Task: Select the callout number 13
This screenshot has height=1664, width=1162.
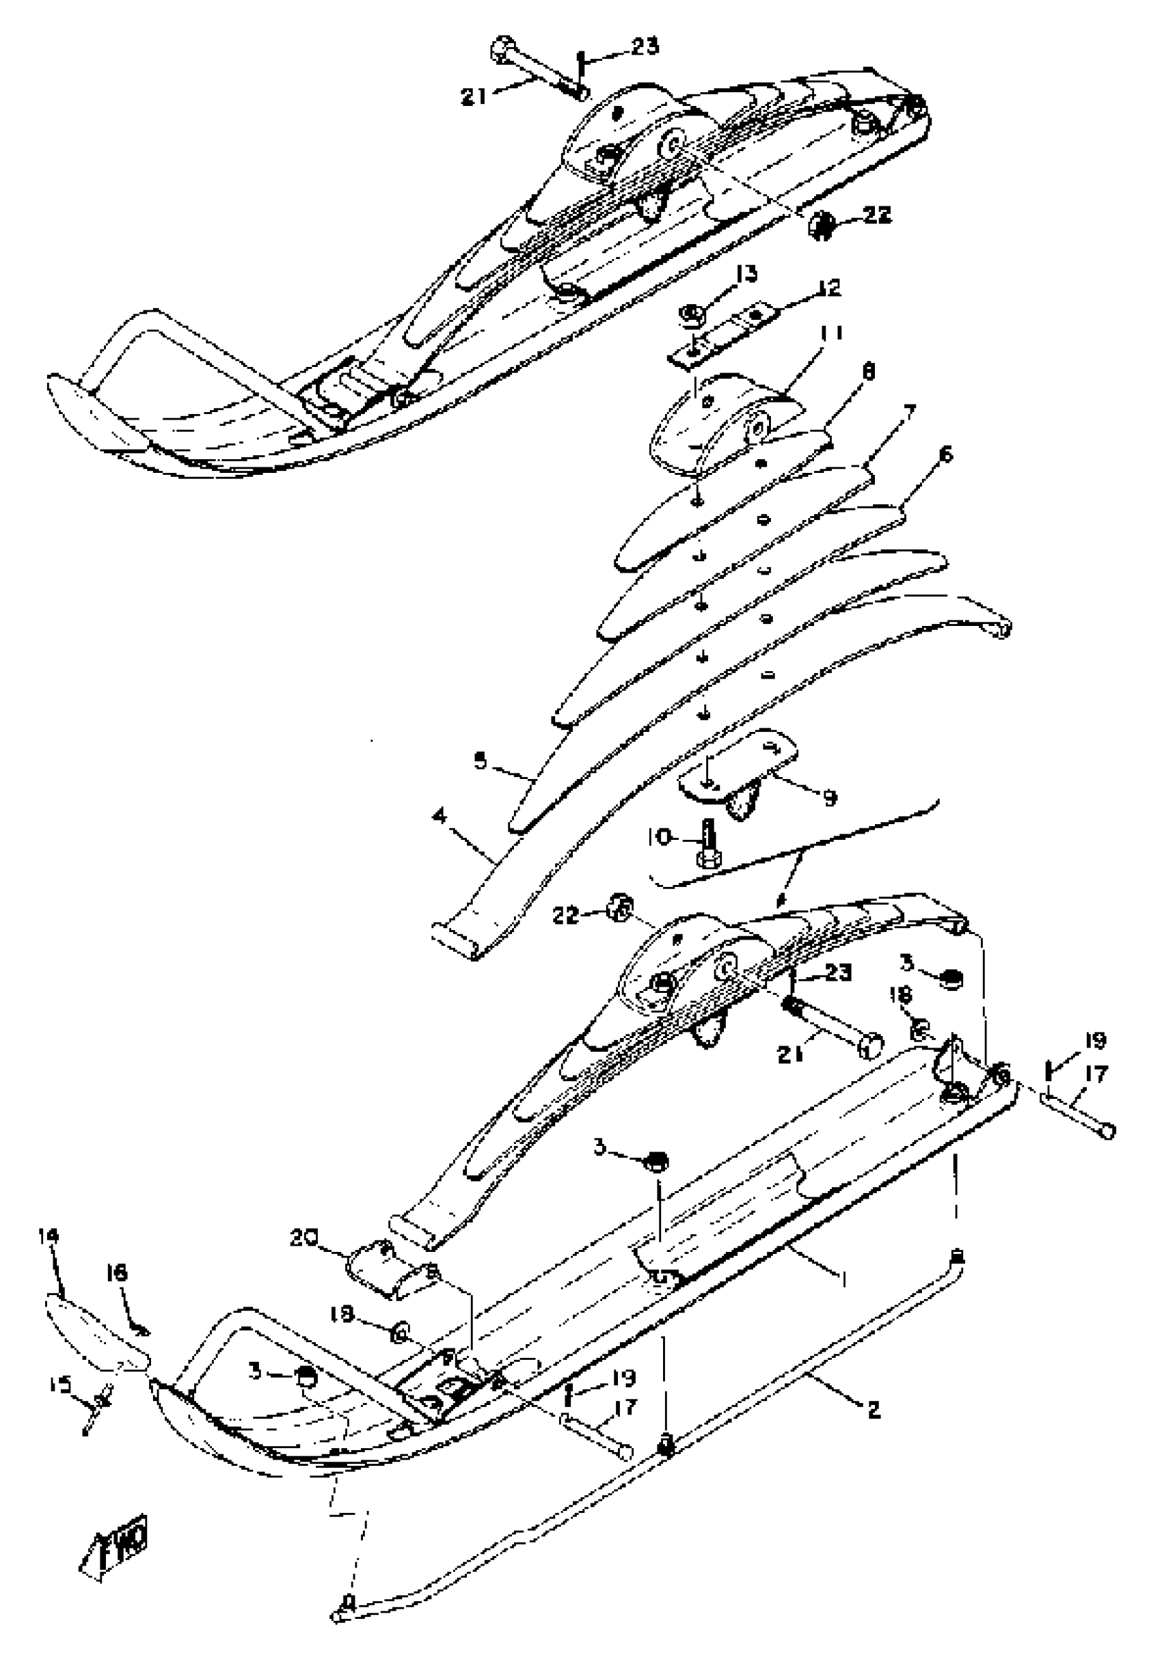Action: point(746,274)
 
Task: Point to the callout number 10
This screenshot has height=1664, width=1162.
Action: point(660,836)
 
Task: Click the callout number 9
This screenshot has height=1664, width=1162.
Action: point(830,798)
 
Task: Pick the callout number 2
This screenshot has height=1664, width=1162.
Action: point(874,1410)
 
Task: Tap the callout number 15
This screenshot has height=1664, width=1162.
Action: point(60,1387)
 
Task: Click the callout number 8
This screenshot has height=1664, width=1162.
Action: point(868,372)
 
